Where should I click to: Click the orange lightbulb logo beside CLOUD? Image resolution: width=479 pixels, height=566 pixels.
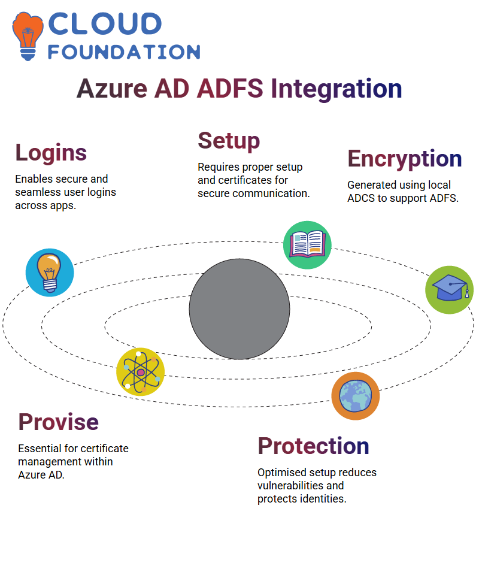28,36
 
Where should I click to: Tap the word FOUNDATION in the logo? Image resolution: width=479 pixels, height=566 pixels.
124,52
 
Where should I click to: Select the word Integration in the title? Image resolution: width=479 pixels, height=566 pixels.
336,89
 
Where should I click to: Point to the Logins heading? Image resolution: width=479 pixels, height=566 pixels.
51,153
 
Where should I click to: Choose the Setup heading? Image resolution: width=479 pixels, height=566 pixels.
229,141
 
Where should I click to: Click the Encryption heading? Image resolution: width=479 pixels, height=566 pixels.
405,159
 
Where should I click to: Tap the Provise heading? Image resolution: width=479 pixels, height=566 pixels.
59,422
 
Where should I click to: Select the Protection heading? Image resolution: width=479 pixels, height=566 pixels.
313,446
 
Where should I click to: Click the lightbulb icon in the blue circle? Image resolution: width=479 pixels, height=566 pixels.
50,273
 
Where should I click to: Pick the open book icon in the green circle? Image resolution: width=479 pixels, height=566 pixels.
307,245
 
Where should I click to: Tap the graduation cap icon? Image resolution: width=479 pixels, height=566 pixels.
450,290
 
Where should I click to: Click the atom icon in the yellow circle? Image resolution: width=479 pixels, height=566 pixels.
141,372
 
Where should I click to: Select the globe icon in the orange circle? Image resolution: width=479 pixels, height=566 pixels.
356,396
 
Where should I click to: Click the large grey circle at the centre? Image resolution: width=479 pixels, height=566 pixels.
239,309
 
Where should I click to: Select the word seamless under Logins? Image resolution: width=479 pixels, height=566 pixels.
38,192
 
